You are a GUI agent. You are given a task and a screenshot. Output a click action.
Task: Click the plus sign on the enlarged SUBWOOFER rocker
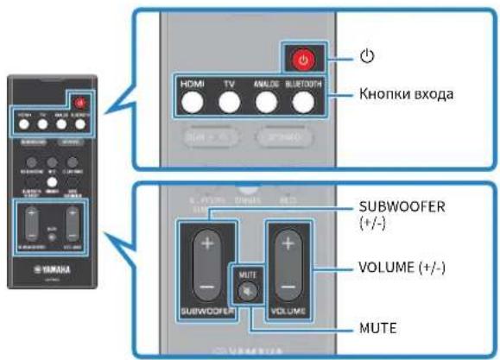[204, 243]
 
